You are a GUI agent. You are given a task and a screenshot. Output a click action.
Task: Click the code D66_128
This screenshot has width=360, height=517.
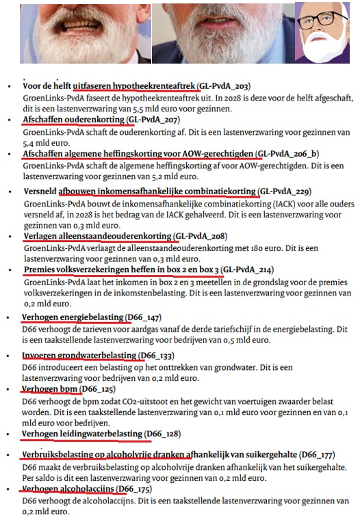click(x=168, y=434)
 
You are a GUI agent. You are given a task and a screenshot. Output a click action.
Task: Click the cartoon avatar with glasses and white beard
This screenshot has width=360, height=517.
click(x=325, y=32)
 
